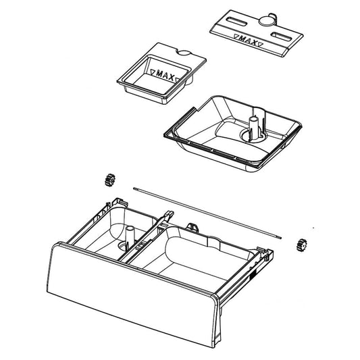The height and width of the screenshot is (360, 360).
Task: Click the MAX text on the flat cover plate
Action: [248, 41]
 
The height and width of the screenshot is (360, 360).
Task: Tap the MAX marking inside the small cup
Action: [163, 75]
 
